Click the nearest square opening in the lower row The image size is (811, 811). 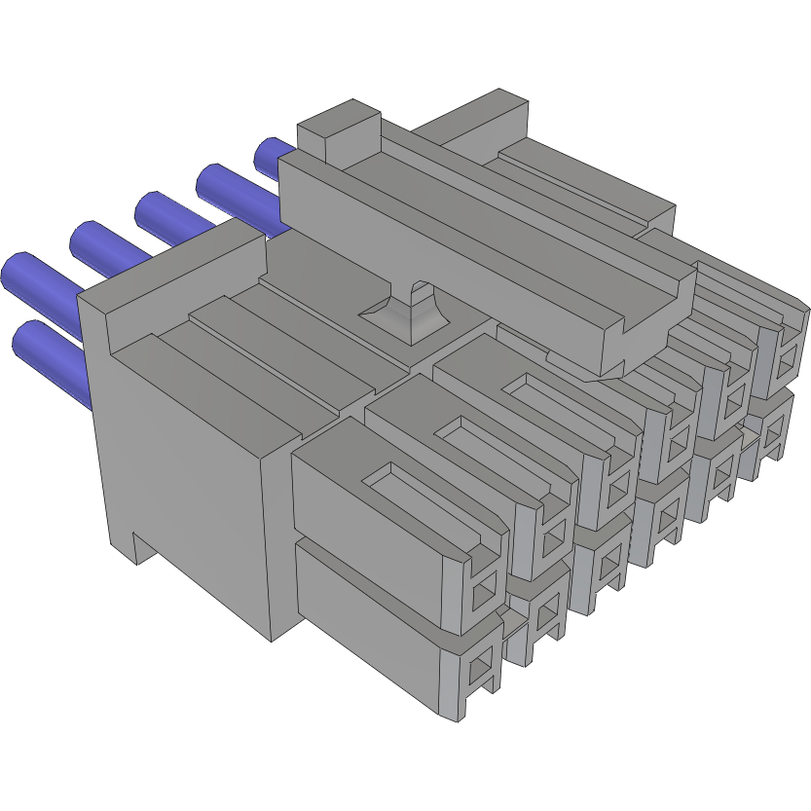(478, 670)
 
